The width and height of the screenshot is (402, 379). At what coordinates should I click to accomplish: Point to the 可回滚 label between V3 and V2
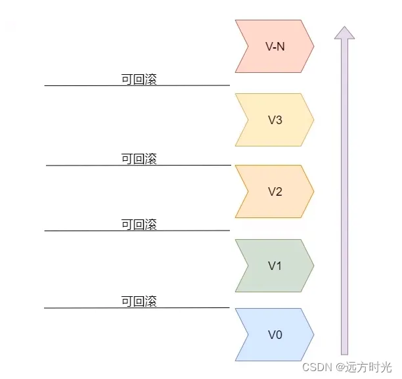pyautogui.click(x=139, y=159)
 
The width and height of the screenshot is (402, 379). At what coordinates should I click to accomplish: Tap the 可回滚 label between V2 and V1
pyautogui.click(x=139, y=225)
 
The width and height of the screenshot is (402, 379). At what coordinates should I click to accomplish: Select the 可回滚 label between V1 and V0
pyautogui.click(x=139, y=301)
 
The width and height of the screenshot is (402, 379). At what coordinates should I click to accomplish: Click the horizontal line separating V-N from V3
pyautogui.click(x=79, y=85)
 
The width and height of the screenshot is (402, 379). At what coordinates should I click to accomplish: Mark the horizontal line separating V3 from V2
pyautogui.click(x=79, y=166)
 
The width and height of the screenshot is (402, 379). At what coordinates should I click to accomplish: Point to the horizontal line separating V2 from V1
pyautogui.click(x=79, y=231)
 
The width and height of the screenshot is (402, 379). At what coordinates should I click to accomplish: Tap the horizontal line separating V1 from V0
pyautogui.click(x=79, y=307)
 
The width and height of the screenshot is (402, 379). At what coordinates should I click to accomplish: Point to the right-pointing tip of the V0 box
pyautogui.click(x=313, y=335)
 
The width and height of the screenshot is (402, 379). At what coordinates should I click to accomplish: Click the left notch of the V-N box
pyautogui.click(x=246, y=46)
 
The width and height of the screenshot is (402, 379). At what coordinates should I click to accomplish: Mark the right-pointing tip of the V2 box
pyautogui.click(x=313, y=192)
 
